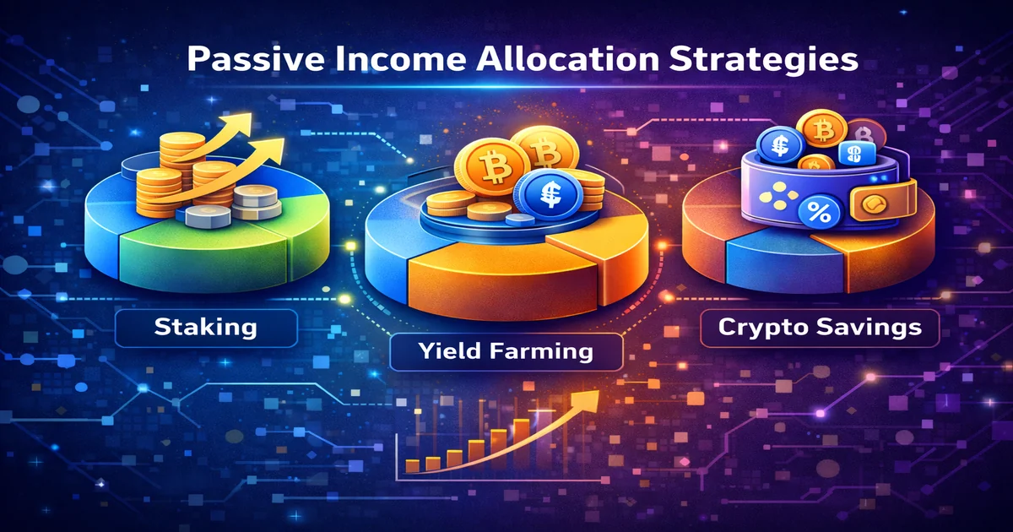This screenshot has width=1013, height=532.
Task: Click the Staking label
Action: coord(205,326)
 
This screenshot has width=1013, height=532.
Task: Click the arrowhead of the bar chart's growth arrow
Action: coord(592,396)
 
